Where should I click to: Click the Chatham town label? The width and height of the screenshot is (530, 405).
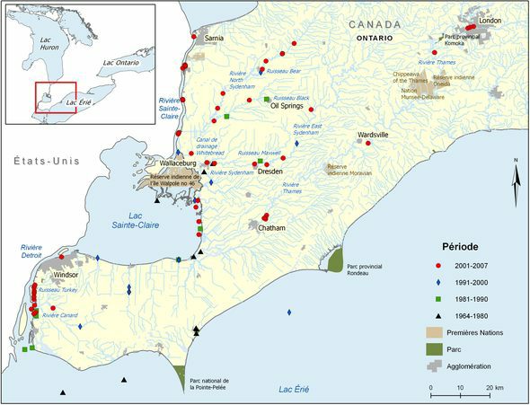tap(271, 228)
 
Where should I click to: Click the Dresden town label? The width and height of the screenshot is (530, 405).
tap(270, 172)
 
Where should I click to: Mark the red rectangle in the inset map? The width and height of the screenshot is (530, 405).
tap(56, 97)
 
